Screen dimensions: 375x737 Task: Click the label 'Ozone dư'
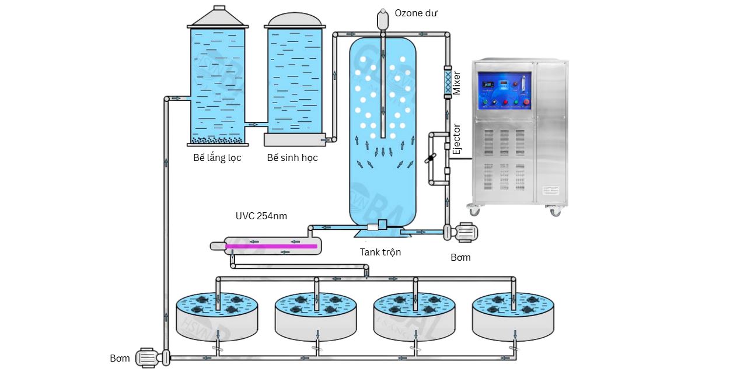click(x=415, y=13)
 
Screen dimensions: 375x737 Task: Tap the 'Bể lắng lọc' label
click(x=217, y=158)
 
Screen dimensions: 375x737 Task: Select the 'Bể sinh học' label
click(x=292, y=158)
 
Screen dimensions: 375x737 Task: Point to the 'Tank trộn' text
click(x=380, y=252)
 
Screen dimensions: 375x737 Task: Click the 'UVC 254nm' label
click(x=261, y=216)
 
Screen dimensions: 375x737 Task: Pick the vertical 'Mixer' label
click(x=457, y=83)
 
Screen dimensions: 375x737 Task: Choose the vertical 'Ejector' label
click(x=457, y=139)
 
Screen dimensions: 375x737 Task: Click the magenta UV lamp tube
click(x=271, y=246)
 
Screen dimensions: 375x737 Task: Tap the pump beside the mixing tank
click(x=463, y=232)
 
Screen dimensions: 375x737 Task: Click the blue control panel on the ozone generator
click(x=504, y=91)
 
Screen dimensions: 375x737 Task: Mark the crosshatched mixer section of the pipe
click(x=448, y=83)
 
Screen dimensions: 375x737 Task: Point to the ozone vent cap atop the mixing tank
click(x=383, y=19)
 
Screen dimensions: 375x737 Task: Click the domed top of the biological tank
click(x=295, y=20)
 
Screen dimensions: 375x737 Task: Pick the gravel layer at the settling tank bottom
click(x=218, y=140)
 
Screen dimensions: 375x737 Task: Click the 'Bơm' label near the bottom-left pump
click(x=120, y=358)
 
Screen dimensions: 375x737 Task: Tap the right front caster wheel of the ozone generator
click(x=555, y=211)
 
